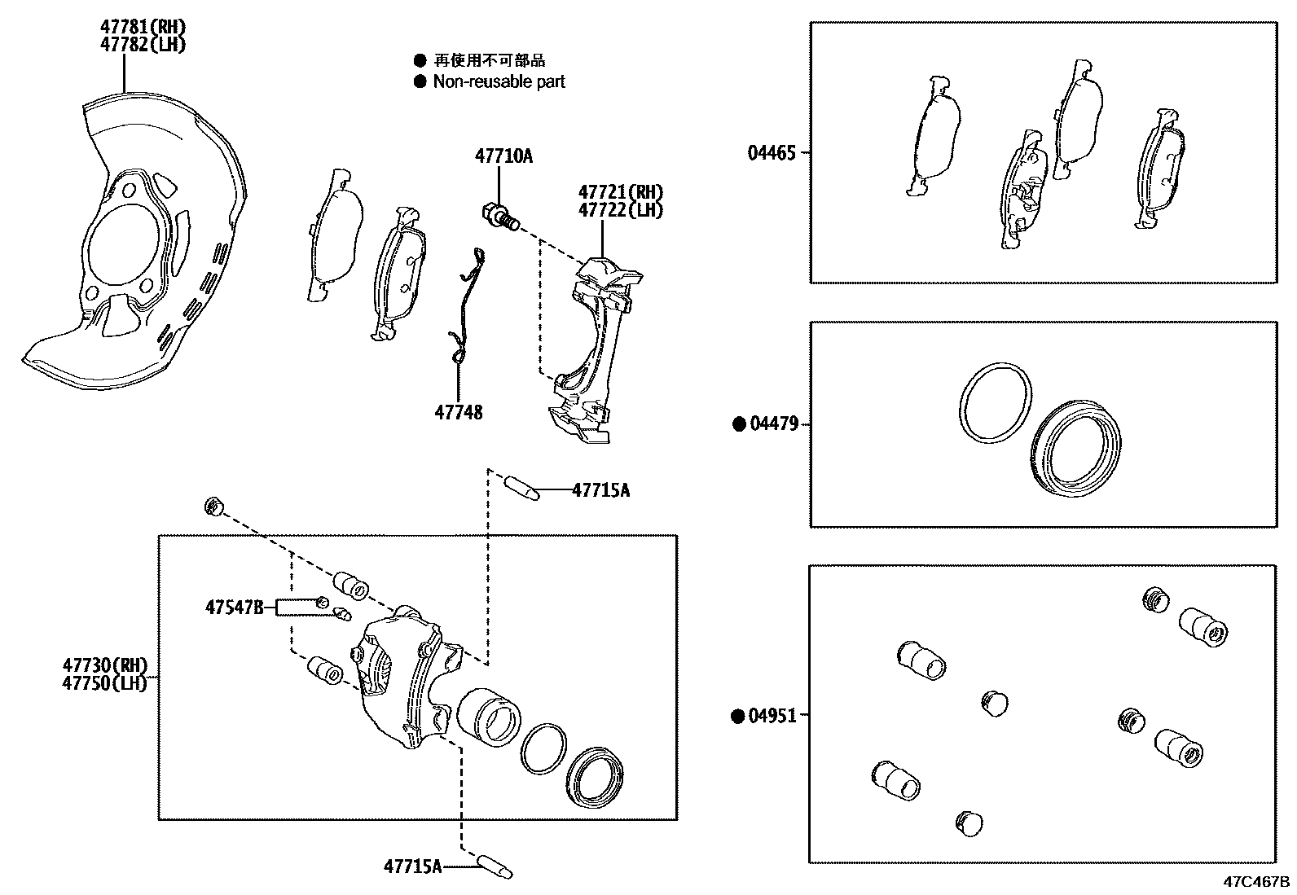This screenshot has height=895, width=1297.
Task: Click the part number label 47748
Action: [458, 413]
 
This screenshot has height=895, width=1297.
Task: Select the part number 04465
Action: [772, 152]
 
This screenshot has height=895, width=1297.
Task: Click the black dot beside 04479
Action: [740, 423]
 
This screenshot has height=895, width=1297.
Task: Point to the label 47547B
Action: [234, 607]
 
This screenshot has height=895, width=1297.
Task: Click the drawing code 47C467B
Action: [1255, 882]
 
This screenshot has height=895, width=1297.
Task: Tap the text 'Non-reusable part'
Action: [499, 81]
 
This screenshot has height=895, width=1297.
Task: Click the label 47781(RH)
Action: [143, 28]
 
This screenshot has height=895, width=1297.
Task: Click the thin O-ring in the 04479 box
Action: [994, 403]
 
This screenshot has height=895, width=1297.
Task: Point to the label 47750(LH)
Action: [104, 682]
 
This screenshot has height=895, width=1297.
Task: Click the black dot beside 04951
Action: [738, 716]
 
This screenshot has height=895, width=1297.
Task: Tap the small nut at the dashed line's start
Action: [213, 507]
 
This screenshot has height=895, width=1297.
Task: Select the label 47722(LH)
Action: [621, 210]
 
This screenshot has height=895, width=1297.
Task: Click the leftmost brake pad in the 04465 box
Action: [934, 136]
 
